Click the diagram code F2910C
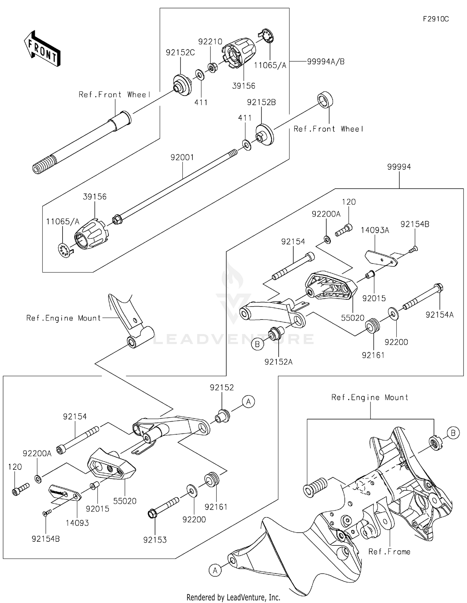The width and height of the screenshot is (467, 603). (x=436, y=19)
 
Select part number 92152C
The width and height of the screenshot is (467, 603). (x=180, y=53)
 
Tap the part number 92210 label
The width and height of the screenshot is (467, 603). (x=210, y=42)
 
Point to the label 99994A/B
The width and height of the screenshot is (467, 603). (x=326, y=62)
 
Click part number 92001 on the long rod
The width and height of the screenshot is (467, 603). (x=182, y=157)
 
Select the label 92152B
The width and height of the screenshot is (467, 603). (x=261, y=102)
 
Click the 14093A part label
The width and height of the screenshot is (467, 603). (x=375, y=230)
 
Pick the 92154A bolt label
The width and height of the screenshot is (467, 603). (x=439, y=315)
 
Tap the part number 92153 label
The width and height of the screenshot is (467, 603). (x=155, y=540)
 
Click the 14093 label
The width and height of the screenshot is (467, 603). (x=77, y=523)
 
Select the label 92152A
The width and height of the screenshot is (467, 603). (x=278, y=362)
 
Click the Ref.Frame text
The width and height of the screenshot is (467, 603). (x=389, y=552)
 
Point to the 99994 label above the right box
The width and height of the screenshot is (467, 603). (x=399, y=167)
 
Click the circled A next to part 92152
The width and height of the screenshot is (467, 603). (x=248, y=402)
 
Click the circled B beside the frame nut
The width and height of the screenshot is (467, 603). (x=453, y=433)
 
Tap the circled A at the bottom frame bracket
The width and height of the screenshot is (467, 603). (x=215, y=570)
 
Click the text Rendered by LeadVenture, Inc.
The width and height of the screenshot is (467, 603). (x=233, y=597)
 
